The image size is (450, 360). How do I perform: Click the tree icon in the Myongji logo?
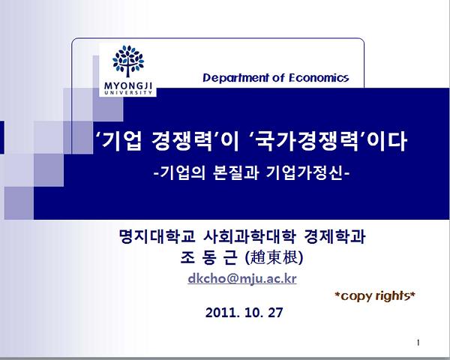click(x=128, y=61)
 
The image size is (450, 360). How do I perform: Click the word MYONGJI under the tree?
click(x=128, y=85)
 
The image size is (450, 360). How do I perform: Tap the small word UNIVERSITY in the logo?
click(x=128, y=92)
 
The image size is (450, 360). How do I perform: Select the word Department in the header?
click(x=235, y=78)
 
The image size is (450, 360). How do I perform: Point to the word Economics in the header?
click(x=319, y=78)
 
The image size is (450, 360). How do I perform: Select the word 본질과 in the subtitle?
click(x=236, y=172)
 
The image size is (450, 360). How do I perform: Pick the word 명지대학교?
click(x=157, y=236)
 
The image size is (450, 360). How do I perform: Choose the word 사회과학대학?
click(x=250, y=236)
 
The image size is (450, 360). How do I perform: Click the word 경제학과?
click(x=334, y=236)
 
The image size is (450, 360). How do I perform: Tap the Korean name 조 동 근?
click(x=209, y=257)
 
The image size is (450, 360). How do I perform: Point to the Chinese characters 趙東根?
click(x=274, y=257)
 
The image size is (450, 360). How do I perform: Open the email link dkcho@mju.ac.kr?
click(x=242, y=278)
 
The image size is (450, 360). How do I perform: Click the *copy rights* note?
click(x=375, y=295)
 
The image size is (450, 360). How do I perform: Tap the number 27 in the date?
click(x=275, y=312)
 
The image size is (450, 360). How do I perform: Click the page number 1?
click(x=418, y=343)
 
